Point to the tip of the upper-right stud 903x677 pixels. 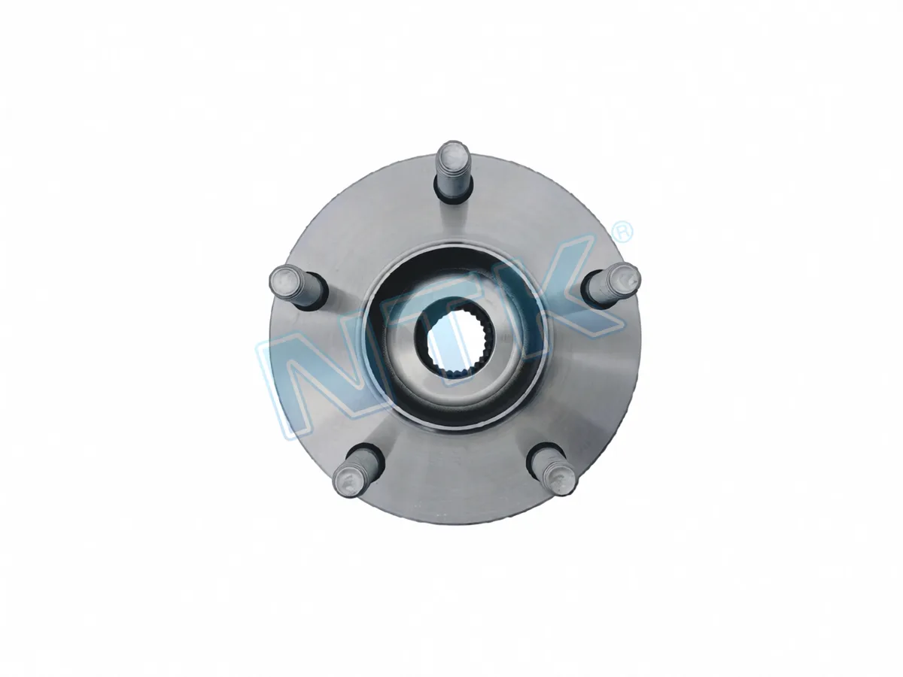(x=625, y=277)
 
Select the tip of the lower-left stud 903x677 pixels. (x=348, y=479)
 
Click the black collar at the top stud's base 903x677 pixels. (x=452, y=202)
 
